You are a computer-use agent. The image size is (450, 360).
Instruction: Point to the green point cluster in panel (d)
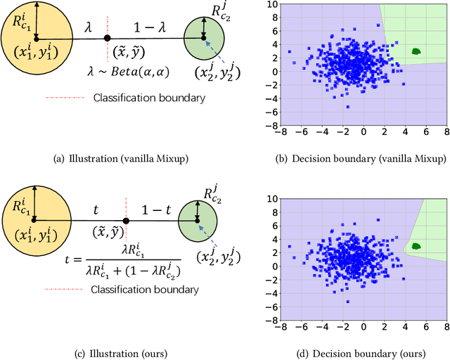click(416, 246)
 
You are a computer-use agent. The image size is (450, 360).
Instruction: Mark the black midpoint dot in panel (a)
click(107, 38)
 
